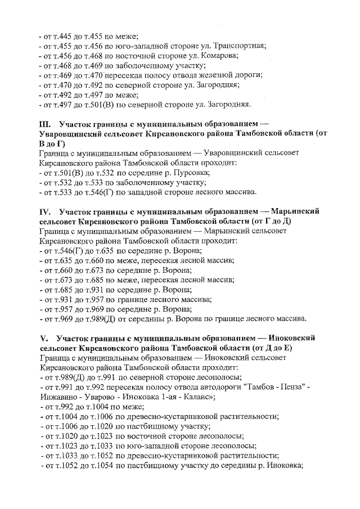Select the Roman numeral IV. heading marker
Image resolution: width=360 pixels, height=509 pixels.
click(46, 211)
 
